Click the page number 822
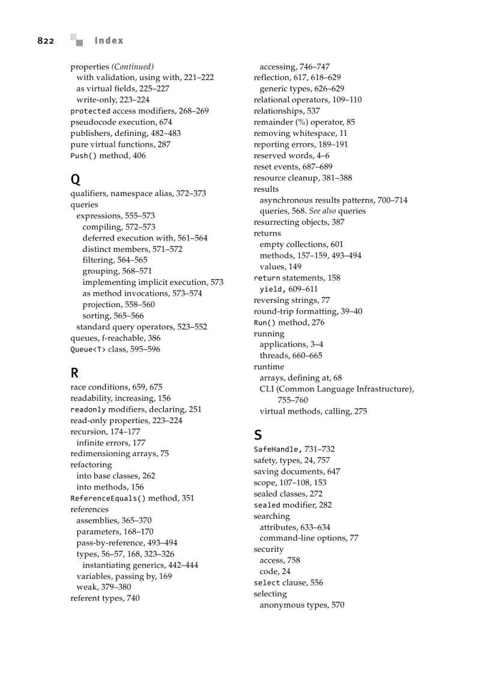[46, 41]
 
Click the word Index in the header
[109, 41]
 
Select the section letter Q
[75, 179]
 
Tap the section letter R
[74, 373]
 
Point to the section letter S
[258, 435]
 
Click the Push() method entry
[108, 156]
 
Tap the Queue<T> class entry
[115, 349]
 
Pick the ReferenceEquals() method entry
[132, 498]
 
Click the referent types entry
[105, 598]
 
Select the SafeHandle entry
[294, 449]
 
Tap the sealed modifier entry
[292, 505]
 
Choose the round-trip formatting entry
[308, 311]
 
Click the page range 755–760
[292, 400]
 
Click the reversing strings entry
[292, 300]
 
